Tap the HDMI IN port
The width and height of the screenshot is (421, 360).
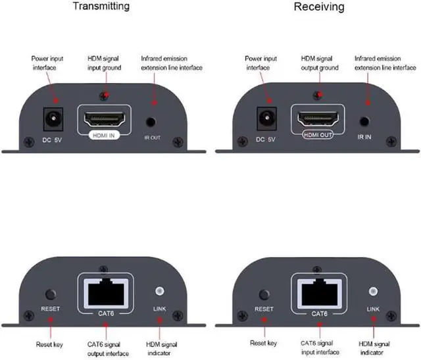point(105,120)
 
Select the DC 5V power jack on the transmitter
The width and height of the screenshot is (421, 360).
point(49,120)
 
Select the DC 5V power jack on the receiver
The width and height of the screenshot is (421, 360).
point(265,120)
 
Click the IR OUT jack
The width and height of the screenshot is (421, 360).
point(152,122)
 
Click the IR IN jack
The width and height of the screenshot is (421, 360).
point(366,121)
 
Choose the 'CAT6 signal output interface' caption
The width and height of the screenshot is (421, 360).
point(104,347)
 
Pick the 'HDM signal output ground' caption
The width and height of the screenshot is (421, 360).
point(320,63)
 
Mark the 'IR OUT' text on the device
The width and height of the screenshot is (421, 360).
point(152,138)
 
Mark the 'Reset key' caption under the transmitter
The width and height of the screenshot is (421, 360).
point(49,344)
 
